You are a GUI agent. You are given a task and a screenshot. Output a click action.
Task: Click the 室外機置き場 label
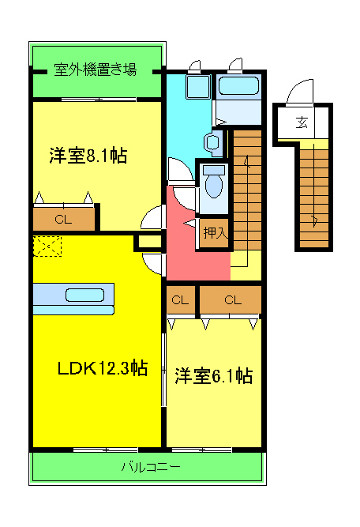click(96, 70)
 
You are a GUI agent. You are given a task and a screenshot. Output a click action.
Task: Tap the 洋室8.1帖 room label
click(87, 156)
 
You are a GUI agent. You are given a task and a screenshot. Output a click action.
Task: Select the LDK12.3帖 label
click(102, 368)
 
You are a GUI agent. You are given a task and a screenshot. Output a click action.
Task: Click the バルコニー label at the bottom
click(150, 467)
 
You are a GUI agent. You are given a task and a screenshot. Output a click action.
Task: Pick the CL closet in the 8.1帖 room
click(62, 219)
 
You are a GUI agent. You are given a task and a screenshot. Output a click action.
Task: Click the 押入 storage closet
click(214, 233)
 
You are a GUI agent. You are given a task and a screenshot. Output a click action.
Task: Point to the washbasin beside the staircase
click(212, 143)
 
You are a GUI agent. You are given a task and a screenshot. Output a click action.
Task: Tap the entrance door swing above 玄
click(301, 94)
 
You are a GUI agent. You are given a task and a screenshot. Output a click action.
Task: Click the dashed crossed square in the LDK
click(47, 247)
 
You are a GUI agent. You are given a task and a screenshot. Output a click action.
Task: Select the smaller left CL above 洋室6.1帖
click(181, 299)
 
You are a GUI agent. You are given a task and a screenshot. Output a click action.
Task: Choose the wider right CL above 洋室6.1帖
click(231, 299)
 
